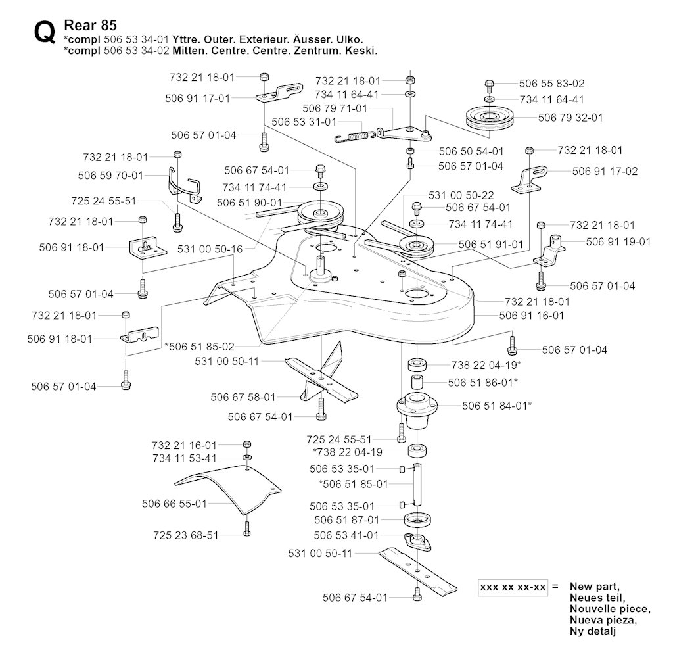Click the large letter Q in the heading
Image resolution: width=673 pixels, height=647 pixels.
point(44,34)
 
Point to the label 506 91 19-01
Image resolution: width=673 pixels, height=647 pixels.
point(618,241)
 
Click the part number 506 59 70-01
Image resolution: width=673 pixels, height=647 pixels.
point(110,176)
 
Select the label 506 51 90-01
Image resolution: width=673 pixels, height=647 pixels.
point(249,203)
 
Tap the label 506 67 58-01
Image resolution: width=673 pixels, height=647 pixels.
point(243,397)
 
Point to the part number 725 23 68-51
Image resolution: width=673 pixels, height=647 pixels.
point(185,535)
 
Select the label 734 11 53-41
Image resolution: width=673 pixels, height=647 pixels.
point(184,457)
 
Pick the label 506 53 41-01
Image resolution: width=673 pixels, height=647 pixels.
point(346,535)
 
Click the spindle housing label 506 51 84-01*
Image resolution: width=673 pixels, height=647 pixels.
point(497,406)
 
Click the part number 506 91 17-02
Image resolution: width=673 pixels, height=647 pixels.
point(605,171)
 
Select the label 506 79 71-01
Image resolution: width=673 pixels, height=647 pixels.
point(335,108)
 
